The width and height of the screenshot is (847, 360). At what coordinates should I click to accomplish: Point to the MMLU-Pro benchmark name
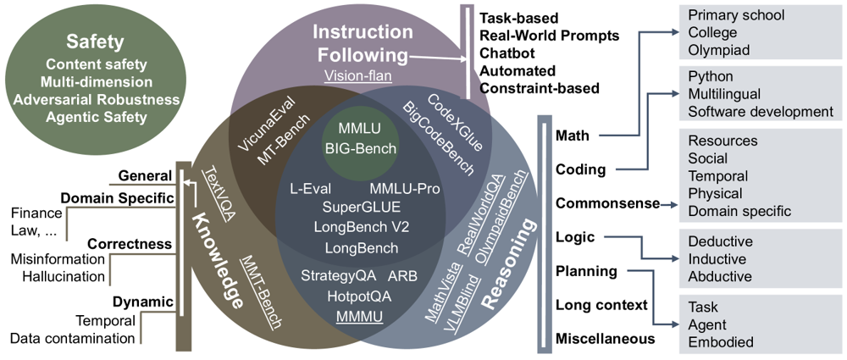coord(405,187)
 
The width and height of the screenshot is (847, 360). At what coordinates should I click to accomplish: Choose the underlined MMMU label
coord(360,317)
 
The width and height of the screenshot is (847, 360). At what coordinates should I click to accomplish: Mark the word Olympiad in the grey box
coord(718,51)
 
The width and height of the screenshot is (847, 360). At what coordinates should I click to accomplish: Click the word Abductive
coord(719,276)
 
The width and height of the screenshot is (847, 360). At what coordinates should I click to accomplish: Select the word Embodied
coord(720,342)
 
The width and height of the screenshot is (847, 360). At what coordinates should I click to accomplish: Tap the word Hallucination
coord(58,276)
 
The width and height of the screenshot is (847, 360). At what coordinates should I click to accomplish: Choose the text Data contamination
coord(72,339)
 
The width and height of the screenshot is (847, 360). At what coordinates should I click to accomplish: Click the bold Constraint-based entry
coord(539,88)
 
